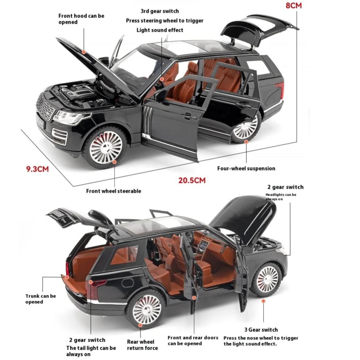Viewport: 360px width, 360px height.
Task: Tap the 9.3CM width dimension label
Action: (38, 169)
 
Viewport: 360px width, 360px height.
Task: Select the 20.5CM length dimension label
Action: (192, 180)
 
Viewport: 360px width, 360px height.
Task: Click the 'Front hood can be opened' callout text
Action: (81, 19)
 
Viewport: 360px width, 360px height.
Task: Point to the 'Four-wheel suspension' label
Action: (246, 169)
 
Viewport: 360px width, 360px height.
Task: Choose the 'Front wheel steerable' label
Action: (113, 191)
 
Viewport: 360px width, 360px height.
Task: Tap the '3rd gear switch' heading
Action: (160, 11)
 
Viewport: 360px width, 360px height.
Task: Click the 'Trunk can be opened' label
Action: (40, 299)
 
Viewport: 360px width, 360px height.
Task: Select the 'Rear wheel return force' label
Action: (140, 345)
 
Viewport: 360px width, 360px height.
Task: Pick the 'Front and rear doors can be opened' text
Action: (193, 340)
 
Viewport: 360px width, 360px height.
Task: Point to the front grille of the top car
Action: (46, 107)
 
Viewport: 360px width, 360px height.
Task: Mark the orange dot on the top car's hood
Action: (84, 53)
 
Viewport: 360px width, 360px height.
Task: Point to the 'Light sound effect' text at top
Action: (160, 30)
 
